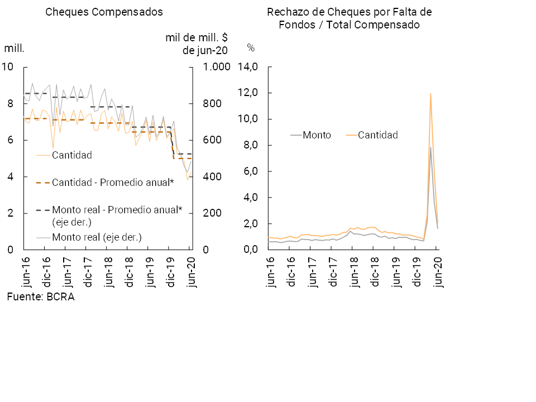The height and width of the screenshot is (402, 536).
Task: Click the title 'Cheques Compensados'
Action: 104,12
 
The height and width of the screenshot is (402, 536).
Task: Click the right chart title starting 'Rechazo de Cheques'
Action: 350,18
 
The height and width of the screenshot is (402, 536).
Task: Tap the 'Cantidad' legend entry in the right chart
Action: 378,135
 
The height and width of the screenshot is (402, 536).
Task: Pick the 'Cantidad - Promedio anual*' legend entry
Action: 112,182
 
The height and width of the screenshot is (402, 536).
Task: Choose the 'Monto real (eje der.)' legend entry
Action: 97,237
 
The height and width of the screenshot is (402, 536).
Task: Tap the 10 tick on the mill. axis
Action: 7,67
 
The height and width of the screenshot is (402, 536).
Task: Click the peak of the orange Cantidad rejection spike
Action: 430,94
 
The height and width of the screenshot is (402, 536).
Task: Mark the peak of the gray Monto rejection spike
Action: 430,147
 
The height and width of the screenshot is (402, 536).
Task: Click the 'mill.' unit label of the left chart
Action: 14,48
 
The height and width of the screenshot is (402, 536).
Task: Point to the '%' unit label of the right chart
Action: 251,48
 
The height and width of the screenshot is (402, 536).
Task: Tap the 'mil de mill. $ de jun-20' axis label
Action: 197,44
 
